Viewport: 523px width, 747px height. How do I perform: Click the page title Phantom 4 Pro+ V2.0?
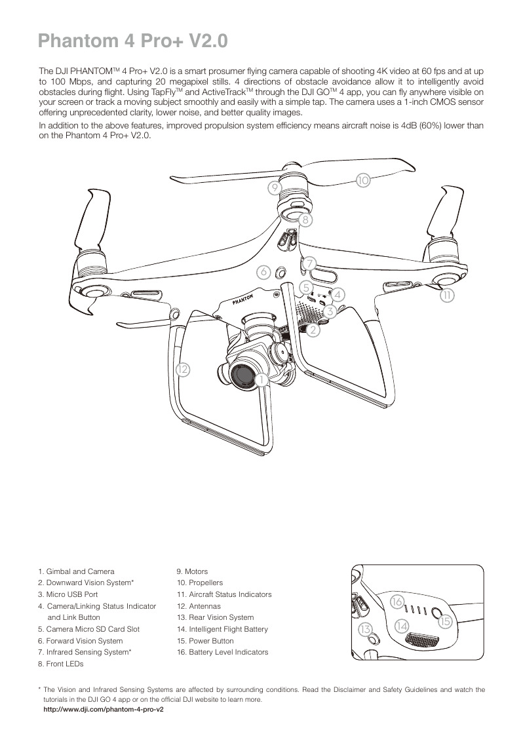[133, 41]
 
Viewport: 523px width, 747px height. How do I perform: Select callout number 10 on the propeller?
[363, 180]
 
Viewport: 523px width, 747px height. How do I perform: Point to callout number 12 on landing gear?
[183, 370]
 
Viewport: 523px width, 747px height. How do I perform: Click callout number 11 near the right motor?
[447, 296]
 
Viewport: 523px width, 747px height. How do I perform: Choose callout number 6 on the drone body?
[263, 271]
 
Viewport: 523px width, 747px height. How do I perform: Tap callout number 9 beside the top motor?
[275, 188]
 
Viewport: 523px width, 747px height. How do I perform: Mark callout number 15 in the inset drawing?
[445, 621]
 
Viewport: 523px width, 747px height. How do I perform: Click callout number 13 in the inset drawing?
[366, 630]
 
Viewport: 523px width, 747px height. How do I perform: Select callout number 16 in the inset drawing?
[397, 601]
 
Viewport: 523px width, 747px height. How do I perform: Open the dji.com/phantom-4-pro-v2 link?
[102, 710]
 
